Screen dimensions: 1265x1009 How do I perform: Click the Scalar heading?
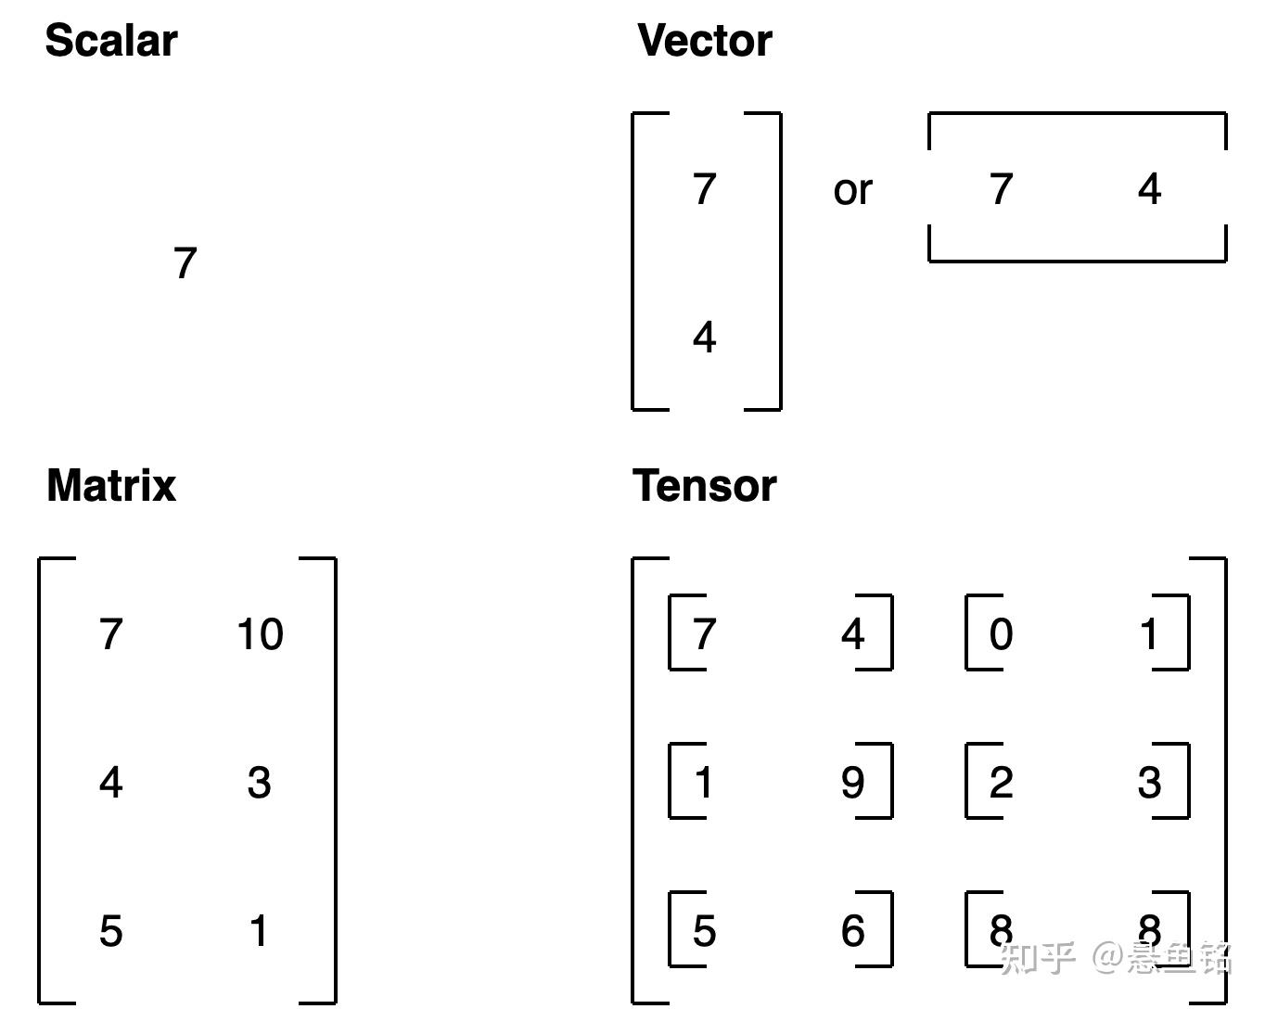point(111,42)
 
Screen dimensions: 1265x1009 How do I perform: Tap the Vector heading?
point(705,42)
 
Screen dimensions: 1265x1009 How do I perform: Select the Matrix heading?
point(111,486)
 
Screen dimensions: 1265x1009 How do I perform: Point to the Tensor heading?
point(705,486)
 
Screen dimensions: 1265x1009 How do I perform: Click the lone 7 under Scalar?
point(185,263)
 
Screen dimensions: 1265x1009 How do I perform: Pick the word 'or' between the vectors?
point(852,190)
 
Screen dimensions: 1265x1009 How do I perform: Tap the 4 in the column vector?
point(705,338)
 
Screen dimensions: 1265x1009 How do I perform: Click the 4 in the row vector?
point(1149,189)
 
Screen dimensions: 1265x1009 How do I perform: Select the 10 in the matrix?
point(260,634)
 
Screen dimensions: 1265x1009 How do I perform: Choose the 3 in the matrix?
point(260,783)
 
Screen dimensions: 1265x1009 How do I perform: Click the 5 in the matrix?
point(110,931)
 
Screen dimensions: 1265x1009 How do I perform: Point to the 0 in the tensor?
point(1001,634)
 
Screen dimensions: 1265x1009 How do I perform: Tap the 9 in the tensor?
point(852,783)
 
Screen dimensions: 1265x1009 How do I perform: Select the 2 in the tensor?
point(1001,783)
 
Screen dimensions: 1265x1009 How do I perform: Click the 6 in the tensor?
point(852,931)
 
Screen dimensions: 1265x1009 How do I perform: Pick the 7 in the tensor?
point(705,634)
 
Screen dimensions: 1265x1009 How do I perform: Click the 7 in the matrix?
point(111,634)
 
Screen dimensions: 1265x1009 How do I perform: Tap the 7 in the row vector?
point(1001,189)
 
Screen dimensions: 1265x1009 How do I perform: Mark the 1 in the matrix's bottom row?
point(260,931)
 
